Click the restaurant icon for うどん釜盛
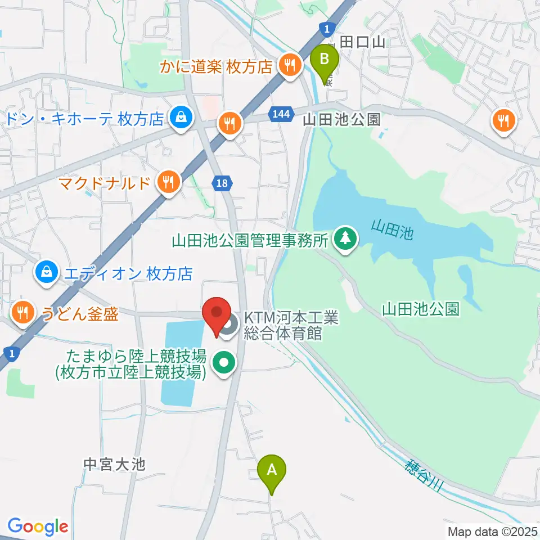[x=22, y=312]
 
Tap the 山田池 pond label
[x=392, y=229]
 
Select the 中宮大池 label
[x=114, y=465]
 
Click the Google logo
[x=38, y=526]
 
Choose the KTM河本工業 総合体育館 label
[x=291, y=326]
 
